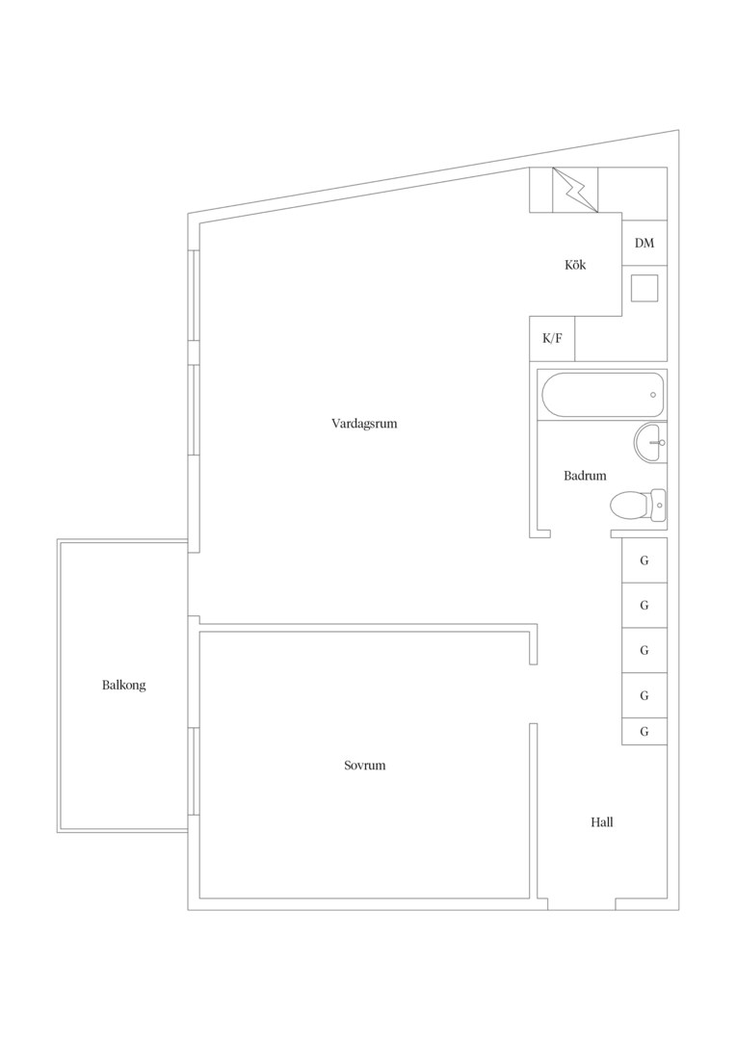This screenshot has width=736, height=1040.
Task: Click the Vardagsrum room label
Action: coord(364,423)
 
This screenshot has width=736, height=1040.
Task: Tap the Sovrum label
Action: coord(364,766)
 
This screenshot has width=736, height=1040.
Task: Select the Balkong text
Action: coord(123,686)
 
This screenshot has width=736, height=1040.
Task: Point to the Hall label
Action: coord(602,822)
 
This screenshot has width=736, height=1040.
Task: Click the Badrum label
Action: coord(585,476)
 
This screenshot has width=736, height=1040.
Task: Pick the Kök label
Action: coord(575,265)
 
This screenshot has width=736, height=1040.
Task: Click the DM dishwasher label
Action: coord(644,243)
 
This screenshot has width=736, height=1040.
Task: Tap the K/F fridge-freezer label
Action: coord(552,338)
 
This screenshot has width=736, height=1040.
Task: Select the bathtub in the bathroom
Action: coord(603,395)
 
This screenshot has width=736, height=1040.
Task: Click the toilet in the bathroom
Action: coord(638,507)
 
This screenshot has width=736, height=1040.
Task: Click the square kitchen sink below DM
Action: coord(644,288)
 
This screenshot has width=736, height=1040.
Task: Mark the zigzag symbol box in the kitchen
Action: coord(575,191)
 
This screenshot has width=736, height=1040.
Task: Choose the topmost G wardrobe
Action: coord(644,560)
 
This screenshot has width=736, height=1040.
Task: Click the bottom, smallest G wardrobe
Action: coord(644,732)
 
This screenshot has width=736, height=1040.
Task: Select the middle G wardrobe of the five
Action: coord(644,651)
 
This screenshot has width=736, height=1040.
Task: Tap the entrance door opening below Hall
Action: coord(581,904)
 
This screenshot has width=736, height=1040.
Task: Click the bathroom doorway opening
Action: coord(581,533)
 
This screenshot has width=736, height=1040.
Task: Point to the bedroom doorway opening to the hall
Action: coord(533,693)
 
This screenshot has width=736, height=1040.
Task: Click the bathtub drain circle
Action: coord(653,395)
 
